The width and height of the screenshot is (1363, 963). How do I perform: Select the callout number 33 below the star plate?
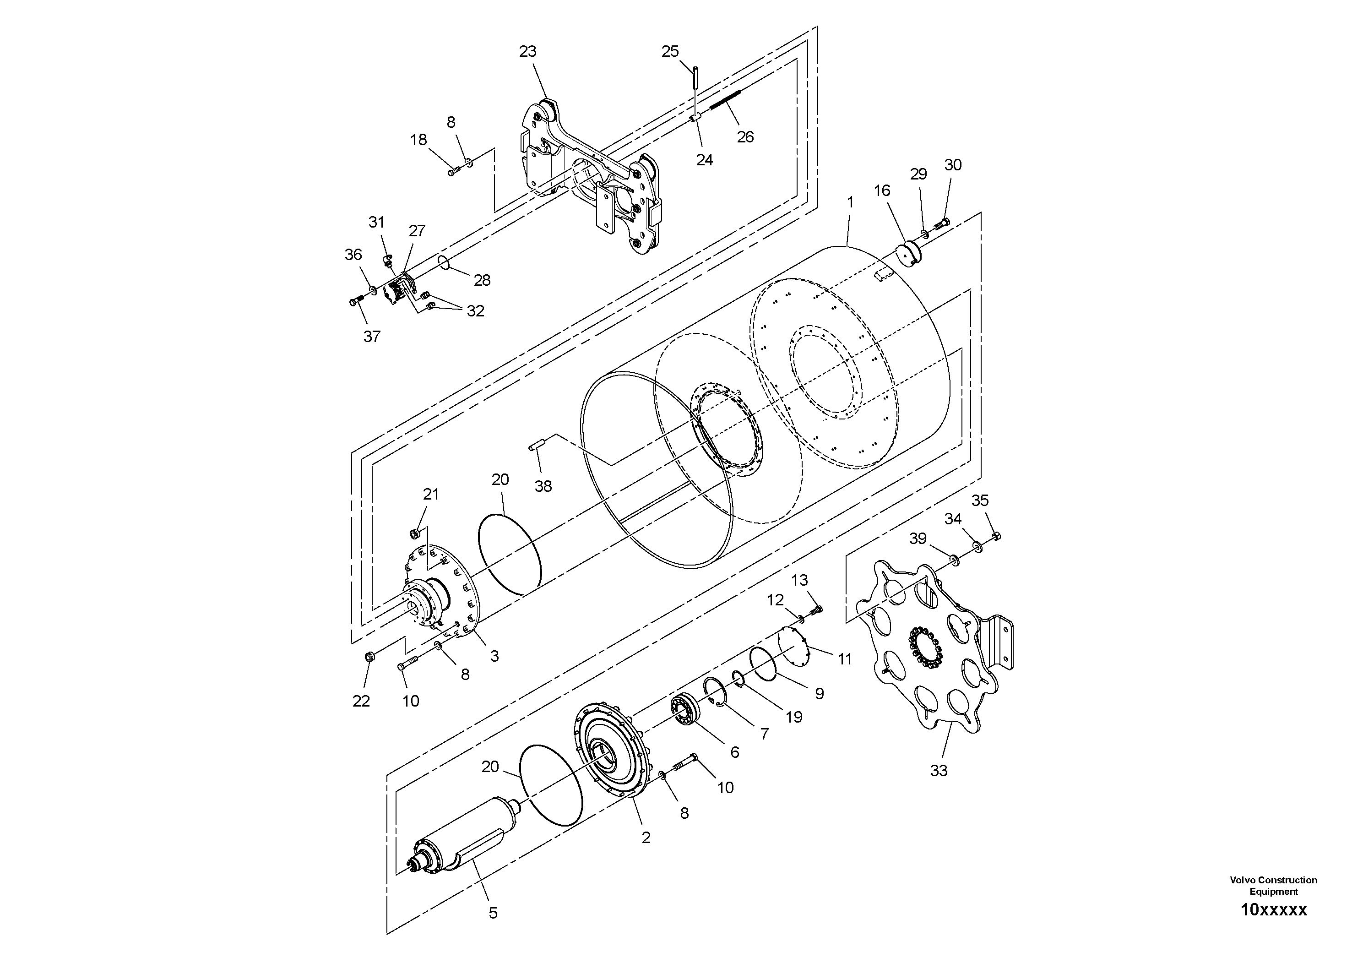[939, 771]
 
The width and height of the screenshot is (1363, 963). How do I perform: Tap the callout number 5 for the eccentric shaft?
[493, 913]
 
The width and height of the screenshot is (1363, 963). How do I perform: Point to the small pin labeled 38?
[537, 444]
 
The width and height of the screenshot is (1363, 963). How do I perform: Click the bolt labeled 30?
[942, 224]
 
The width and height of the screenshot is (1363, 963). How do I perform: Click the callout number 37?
[372, 337]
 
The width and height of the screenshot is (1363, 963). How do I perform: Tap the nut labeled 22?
[369, 657]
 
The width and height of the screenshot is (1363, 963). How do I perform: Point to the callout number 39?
[918, 539]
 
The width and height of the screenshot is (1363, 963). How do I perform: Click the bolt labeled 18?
[454, 172]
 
